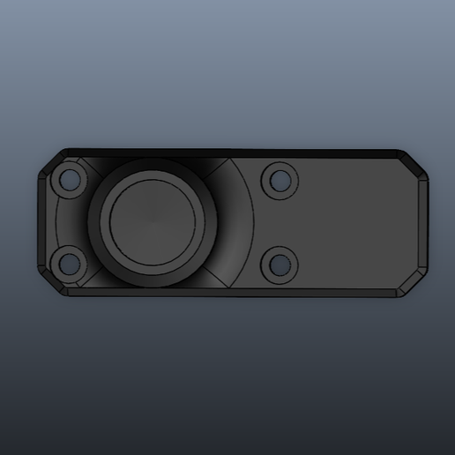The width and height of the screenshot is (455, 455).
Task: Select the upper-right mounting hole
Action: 280,181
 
